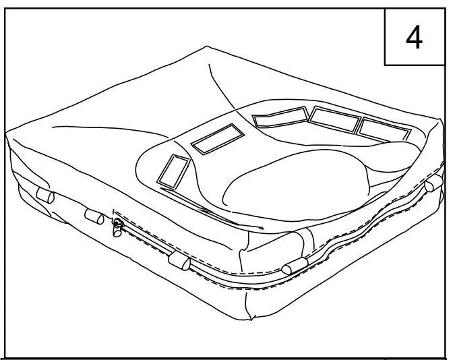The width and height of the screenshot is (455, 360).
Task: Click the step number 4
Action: click(413, 38)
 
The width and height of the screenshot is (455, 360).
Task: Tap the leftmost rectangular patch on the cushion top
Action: click(173, 171)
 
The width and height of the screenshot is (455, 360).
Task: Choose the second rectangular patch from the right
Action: click(334, 120)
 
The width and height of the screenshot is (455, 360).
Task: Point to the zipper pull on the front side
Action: click(117, 227)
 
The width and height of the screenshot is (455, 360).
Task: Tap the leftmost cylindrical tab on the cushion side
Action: click(44, 196)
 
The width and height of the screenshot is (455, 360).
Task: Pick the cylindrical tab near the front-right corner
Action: click(295, 265)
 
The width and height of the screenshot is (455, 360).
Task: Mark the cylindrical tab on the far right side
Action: click(432, 183)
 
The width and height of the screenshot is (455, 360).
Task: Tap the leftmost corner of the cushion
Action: click(8, 132)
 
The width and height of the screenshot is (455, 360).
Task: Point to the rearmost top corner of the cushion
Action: click(207, 47)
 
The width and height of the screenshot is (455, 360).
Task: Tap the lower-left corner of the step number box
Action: click(385, 65)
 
